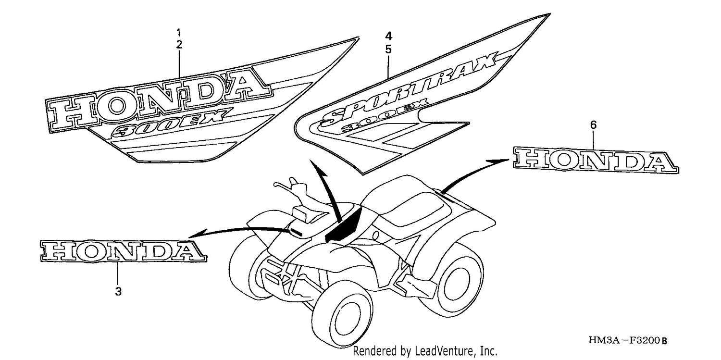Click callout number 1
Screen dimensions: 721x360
(179, 33)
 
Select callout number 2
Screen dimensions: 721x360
(179, 45)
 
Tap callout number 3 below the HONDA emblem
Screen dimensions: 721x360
(118, 292)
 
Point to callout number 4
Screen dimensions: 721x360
(388, 36)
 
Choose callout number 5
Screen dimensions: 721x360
(388, 50)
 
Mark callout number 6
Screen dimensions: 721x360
(593, 125)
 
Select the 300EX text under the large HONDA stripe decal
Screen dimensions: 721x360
(171, 122)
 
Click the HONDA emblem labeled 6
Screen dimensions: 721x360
(596, 160)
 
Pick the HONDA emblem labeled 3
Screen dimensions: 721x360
(123, 250)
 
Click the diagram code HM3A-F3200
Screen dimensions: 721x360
(628, 340)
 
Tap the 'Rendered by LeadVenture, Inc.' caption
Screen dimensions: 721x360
(425, 351)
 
